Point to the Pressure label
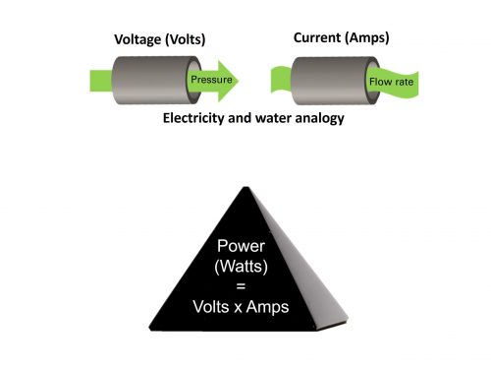click(211, 79)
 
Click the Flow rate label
click(390, 82)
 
